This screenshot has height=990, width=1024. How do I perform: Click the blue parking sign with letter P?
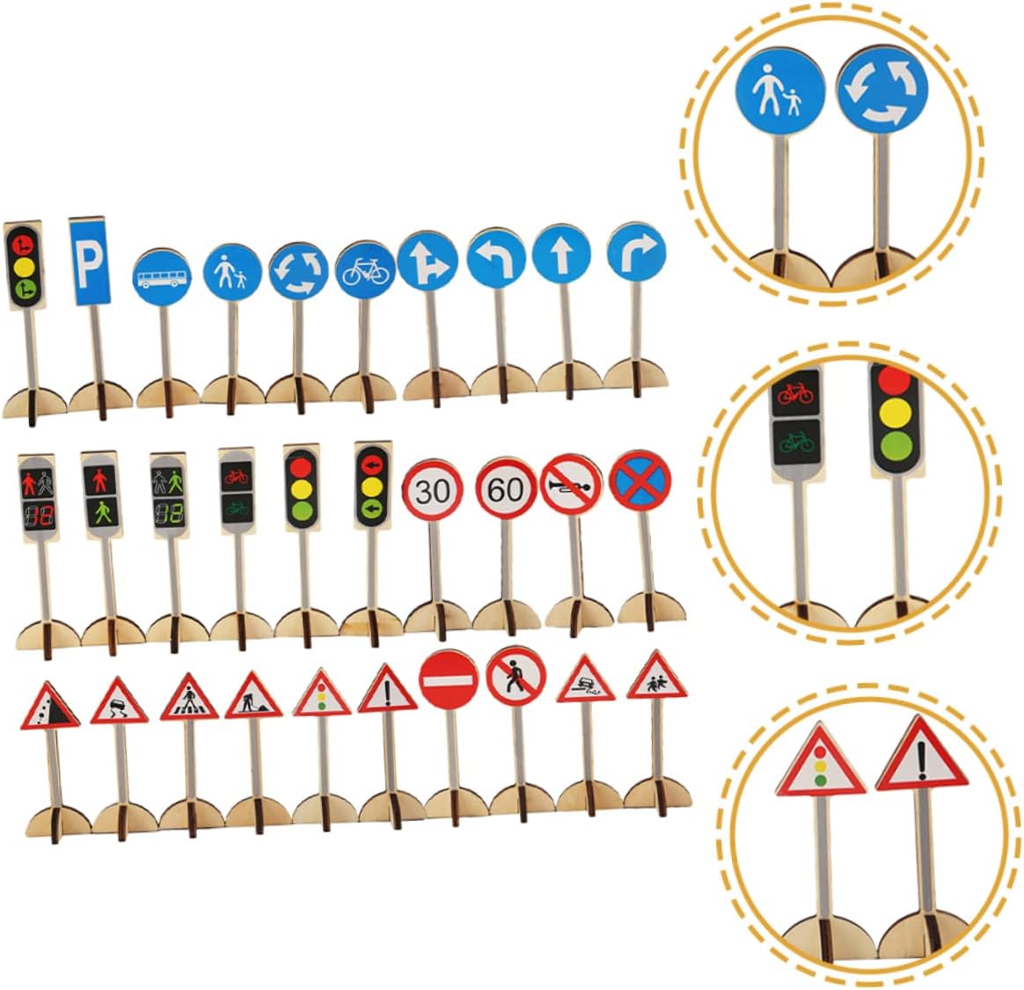(x=91, y=260)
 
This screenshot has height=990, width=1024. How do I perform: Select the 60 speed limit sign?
(x=506, y=488)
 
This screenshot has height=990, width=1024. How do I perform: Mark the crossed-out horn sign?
(x=570, y=484)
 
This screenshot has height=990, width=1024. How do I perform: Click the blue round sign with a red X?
(x=640, y=480)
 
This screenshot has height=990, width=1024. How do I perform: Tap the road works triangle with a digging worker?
(x=253, y=700)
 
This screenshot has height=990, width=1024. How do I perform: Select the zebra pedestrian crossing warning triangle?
(x=188, y=700)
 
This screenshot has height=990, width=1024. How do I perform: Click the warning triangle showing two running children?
(x=657, y=679)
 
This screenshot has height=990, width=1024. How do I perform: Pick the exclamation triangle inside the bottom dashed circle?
(x=921, y=758)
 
